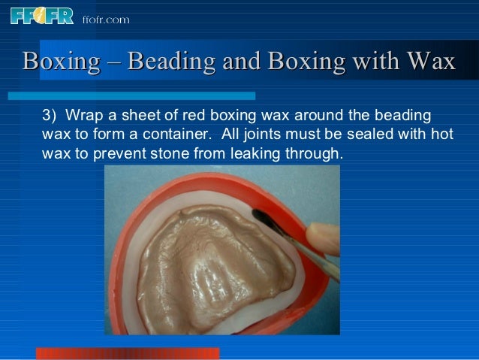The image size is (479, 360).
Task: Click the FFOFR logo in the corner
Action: point(42,15)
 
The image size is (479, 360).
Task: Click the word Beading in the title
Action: point(169,62)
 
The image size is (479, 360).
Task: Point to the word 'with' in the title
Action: point(366,62)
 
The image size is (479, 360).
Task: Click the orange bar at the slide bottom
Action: point(128,353)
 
